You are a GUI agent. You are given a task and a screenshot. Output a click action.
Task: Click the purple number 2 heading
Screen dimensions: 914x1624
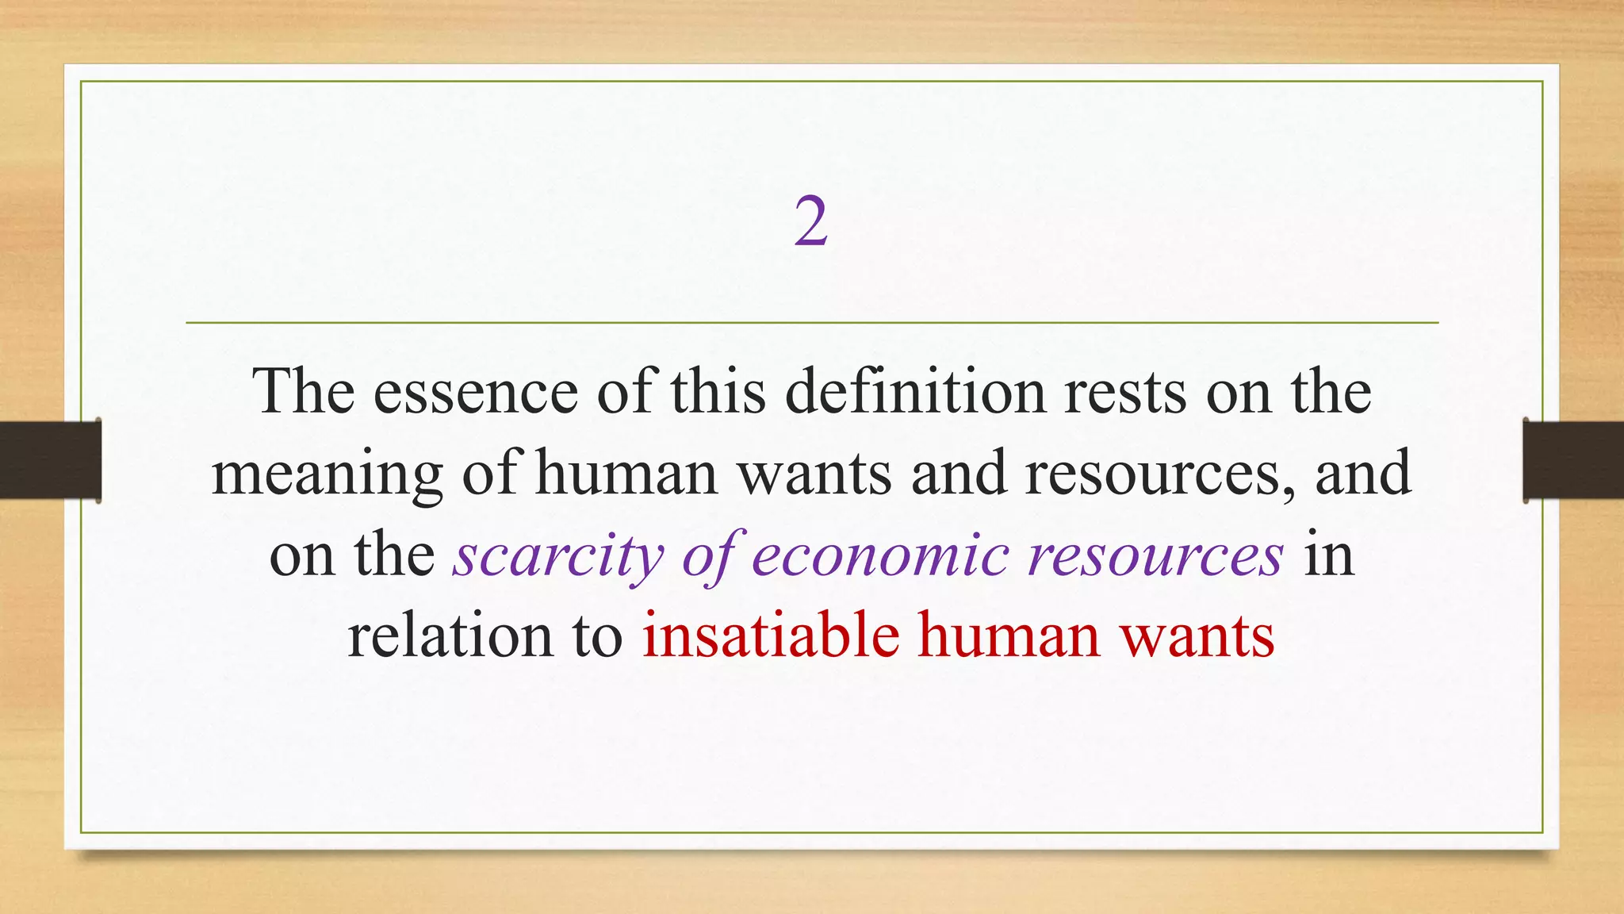click(811, 223)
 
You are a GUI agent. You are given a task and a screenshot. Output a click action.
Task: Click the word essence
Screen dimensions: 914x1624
click(476, 392)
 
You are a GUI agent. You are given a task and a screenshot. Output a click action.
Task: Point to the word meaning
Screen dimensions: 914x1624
click(327, 474)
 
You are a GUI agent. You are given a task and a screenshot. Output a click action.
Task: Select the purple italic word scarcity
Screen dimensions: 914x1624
click(558, 555)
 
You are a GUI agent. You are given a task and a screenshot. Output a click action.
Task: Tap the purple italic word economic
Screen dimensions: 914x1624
click(880, 555)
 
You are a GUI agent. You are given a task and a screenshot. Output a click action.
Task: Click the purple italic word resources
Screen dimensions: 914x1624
click(1155, 555)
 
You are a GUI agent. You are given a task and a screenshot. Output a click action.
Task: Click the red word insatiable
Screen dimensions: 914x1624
click(771, 636)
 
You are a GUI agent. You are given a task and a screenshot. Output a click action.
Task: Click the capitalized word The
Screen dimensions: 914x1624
click(304, 392)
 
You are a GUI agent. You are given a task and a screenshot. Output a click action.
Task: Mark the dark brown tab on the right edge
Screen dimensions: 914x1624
click(1573, 460)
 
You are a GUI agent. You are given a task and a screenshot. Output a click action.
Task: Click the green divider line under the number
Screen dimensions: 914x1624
click(812, 323)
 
